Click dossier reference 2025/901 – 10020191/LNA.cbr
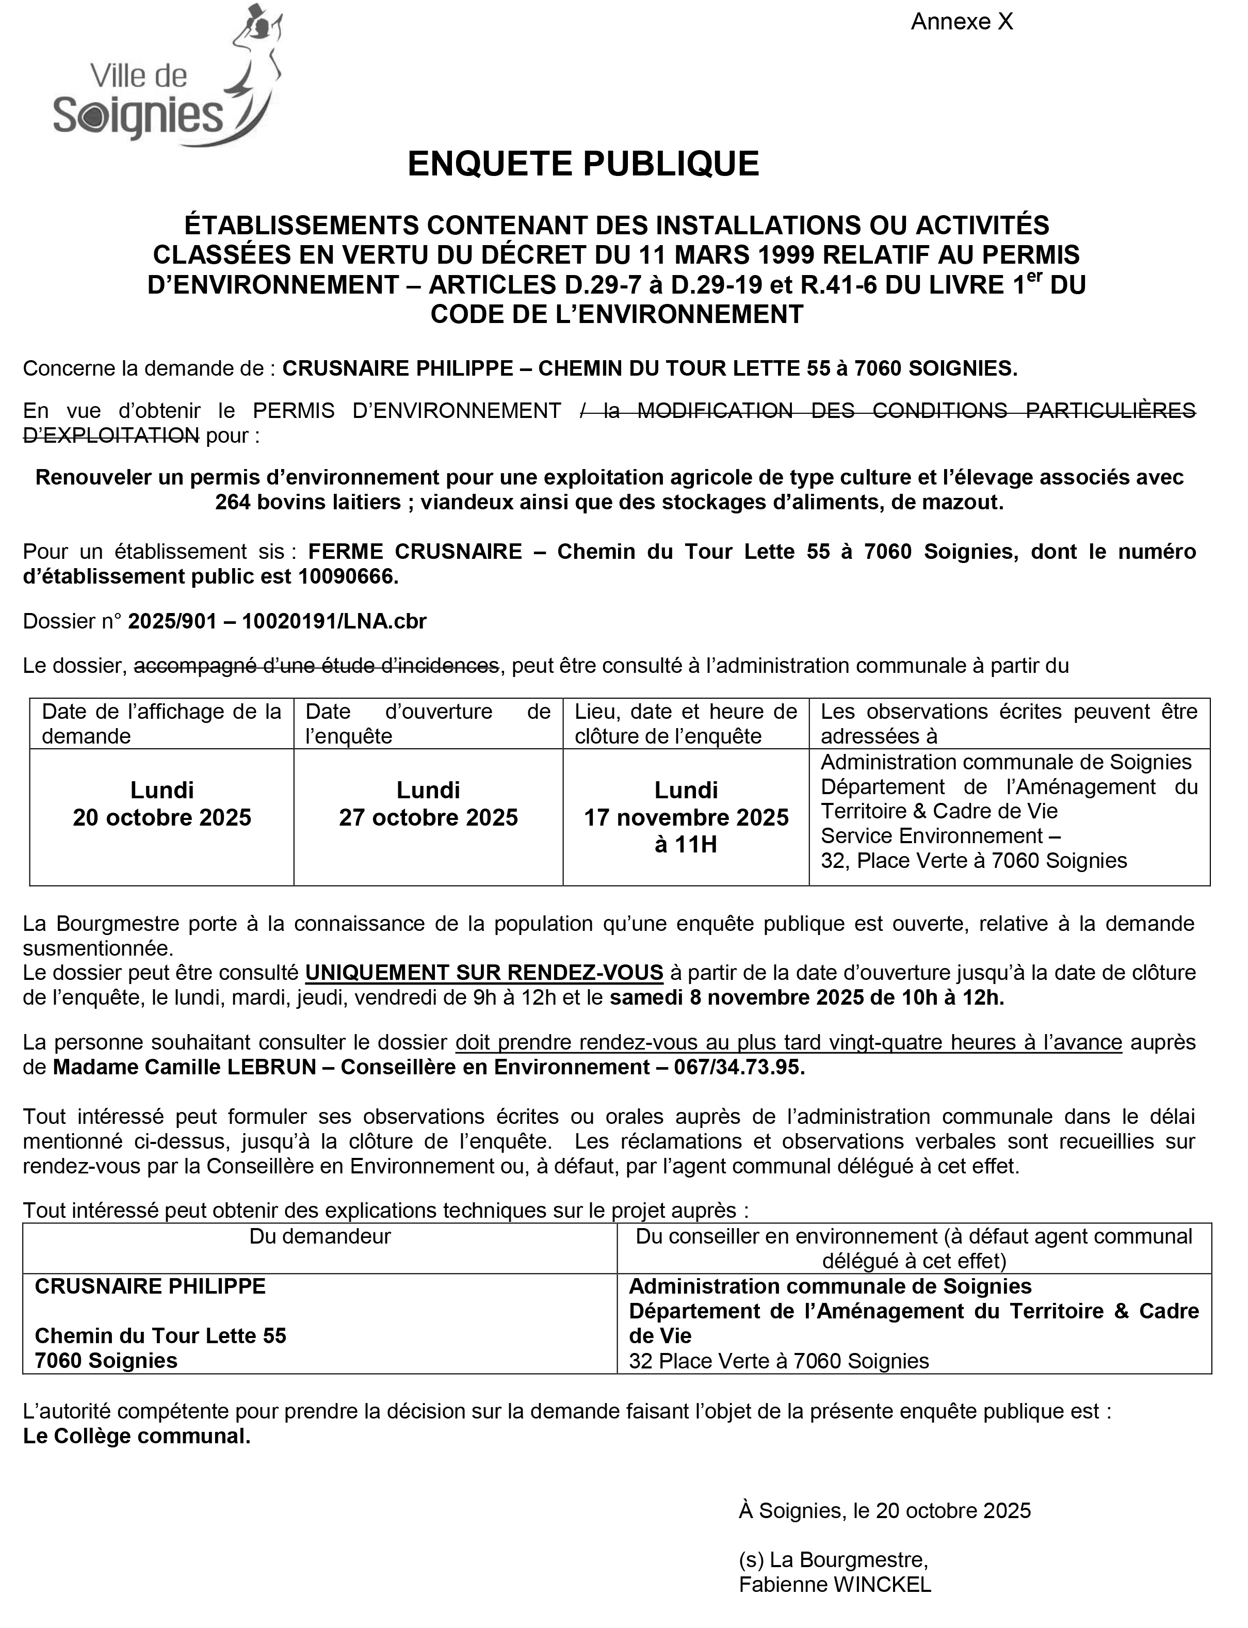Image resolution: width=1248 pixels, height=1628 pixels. [277, 621]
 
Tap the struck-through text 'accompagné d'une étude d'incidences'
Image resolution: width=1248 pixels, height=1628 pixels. [316, 666]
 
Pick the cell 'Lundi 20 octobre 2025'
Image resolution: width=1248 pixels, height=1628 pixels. [162, 804]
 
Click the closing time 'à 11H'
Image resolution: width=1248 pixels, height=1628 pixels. [686, 845]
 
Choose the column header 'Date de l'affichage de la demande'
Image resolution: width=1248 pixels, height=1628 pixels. [161, 724]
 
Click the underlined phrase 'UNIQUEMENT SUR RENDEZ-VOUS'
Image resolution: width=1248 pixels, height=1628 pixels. [484, 973]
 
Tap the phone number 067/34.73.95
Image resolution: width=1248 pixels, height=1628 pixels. [739, 1067]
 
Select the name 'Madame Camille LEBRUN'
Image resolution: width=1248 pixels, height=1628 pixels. [183, 1067]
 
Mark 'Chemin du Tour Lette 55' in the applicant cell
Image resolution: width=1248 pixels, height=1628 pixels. [160, 1336]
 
